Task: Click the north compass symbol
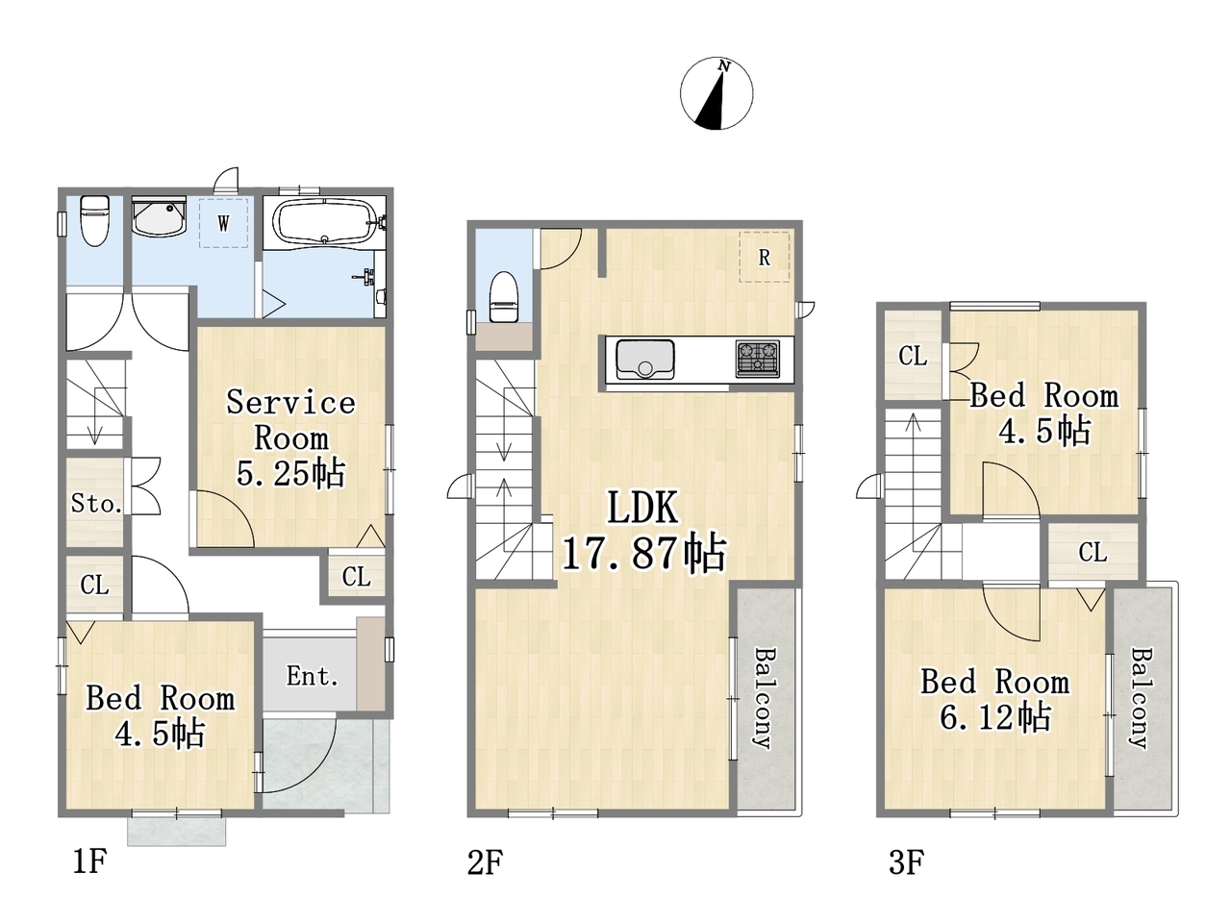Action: pyautogui.click(x=716, y=94)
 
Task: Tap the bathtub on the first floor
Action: pyautogui.click(x=323, y=222)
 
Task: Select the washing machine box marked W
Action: pyautogui.click(x=223, y=222)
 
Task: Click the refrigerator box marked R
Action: pyautogui.click(x=764, y=257)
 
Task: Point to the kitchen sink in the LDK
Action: pyautogui.click(x=645, y=360)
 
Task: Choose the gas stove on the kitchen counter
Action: pyautogui.click(x=758, y=358)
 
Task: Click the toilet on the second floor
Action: pyautogui.click(x=503, y=298)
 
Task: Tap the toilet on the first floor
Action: pyautogui.click(x=95, y=221)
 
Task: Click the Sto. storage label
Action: pyautogui.click(x=96, y=503)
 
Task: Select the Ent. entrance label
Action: pyautogui.click(x=312, y=677)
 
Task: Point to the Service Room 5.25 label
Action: pyautogui.click(x=290, y=438)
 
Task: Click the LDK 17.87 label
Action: pyautogui.click(x=643, y=530)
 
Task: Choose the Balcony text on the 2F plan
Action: pyautogui.click(x=764, y=698)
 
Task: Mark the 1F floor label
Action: pyautogui.click(x=89, y=861)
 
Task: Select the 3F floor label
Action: pyautogui.click(x=906, y=861)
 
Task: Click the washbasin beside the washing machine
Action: pyautogui.click(x=159, y=216)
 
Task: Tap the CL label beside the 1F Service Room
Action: pyautogui.click(x=356, y=576)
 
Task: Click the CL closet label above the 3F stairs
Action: pyautogui.click(x=913, y=356)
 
